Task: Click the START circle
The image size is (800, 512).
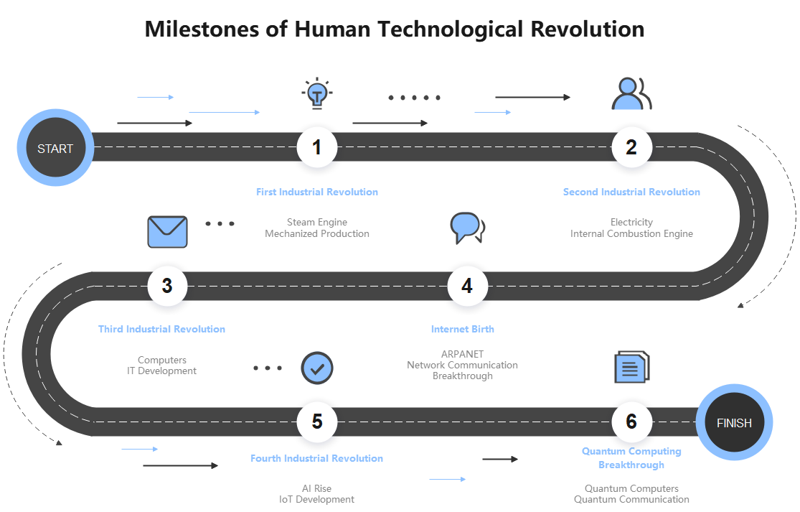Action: point(55,149)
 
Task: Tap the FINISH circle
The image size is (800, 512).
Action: point(734,423)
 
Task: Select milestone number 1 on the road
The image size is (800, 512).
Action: point(317,147)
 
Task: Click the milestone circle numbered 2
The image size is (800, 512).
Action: point(631,147)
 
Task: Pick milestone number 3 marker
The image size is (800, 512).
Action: point(167,286)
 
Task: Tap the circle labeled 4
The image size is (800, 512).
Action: point(467,286)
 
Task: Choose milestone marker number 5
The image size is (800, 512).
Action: point(317,422)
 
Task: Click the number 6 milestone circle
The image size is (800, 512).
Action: point(631,422)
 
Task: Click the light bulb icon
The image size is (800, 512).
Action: point(317,93)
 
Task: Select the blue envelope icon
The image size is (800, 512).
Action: point(167,232)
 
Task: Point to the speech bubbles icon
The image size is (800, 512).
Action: point(466,228)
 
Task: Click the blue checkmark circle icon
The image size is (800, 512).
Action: point(317,368)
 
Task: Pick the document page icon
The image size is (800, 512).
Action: point(631,367)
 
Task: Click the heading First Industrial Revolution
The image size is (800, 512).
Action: point(317,192)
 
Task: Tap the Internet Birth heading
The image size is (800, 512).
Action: point(463,329)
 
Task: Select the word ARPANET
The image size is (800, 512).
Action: point(463,354)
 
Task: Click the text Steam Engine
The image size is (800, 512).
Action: point(317,223)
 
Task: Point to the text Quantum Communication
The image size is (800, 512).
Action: point(631,500)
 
